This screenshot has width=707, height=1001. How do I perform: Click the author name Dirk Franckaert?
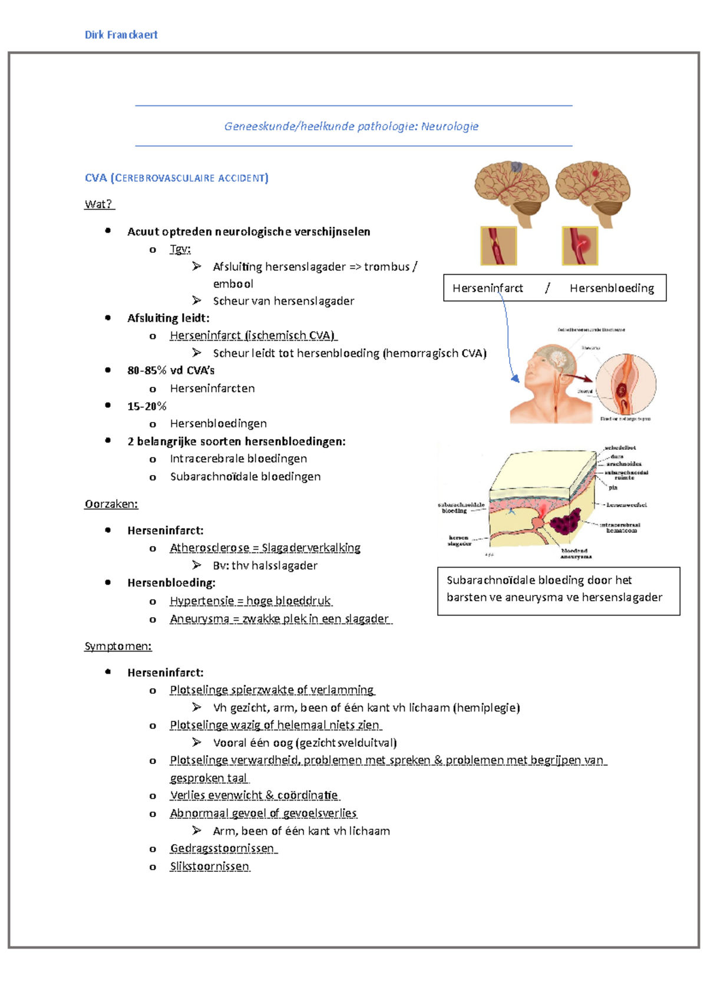[121, 35]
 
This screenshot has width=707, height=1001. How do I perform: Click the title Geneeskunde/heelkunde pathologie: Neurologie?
[351, 126]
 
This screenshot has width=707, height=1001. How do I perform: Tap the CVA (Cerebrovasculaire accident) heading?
[177, 178]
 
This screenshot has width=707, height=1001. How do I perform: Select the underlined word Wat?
[98, 205]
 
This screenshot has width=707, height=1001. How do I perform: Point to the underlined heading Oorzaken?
[111, 504]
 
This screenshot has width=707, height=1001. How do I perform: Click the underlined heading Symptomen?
[118, 646]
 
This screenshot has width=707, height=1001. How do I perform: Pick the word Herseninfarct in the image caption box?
[487, 288]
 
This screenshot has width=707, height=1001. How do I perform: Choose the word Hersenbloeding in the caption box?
[612, 288]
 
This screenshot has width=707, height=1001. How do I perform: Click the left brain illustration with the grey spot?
[511, 190]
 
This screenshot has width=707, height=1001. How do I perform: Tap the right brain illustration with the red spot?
[593, 190]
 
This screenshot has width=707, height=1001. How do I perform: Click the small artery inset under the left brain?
[498, 246]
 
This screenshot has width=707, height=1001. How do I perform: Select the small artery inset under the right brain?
[580, 246]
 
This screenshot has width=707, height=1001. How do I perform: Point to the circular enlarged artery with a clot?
[626, 383]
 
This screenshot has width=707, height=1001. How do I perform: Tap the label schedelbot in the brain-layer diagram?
[620, 448]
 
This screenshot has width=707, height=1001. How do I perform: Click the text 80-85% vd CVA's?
[171, 371]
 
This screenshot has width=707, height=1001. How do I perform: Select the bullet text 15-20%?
[147, 406]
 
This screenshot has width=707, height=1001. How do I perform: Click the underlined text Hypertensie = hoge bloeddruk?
[250, 601]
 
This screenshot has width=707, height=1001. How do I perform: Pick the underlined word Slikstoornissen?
[210, 866]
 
